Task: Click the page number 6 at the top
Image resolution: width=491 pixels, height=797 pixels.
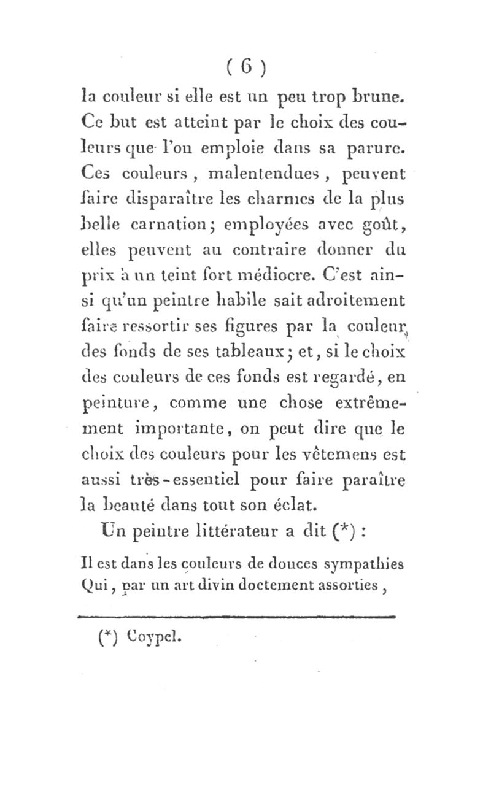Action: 245,66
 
